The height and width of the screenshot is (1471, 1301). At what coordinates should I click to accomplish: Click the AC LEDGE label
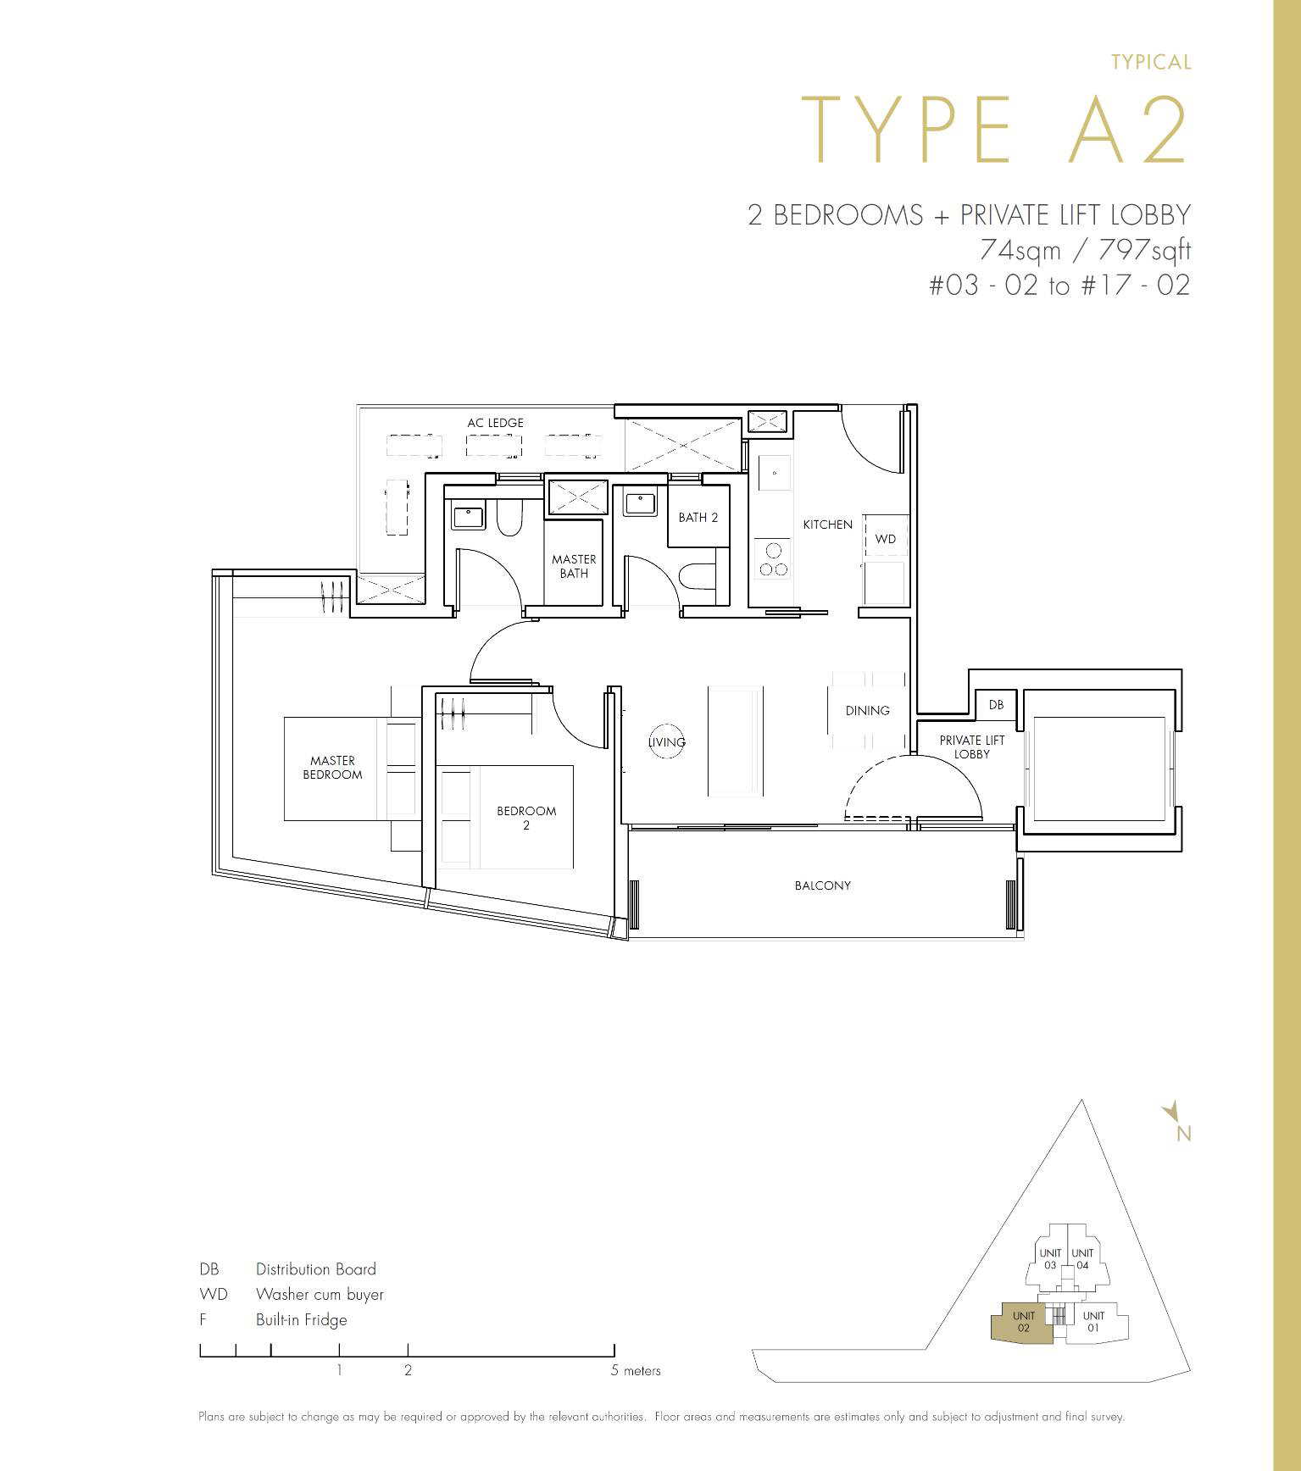[495, 422]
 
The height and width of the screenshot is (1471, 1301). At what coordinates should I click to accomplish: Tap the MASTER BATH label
[574, 566]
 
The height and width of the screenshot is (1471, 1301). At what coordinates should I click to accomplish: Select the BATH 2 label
[698, 517]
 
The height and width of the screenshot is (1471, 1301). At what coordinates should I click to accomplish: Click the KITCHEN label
[828, 525]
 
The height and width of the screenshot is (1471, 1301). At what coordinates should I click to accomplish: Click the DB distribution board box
[996, 705]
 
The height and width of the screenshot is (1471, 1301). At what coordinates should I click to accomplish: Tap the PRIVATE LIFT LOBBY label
[972, 747]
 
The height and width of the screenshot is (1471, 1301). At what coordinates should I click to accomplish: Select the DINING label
[868, 710]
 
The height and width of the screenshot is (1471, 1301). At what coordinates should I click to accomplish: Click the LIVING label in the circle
[667, 742]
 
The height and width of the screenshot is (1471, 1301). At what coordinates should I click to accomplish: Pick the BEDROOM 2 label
[526, 818]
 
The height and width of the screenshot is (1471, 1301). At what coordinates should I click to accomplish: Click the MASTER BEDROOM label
[332, 768]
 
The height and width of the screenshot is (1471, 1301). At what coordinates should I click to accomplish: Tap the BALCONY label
[823, 885]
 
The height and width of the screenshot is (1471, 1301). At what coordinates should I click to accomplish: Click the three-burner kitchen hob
[773, 559]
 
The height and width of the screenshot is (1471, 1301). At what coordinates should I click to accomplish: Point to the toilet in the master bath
[509, 517]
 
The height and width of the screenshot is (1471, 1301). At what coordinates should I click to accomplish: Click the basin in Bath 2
[640, 503]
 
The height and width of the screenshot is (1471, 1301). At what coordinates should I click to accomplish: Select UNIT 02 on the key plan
[1023, 1322]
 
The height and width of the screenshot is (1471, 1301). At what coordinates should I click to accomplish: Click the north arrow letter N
[1184, 1134]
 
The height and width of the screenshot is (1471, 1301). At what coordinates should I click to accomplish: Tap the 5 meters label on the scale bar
[636, 1370]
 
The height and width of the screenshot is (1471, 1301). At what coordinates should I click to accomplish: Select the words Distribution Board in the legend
[316, 1268]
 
